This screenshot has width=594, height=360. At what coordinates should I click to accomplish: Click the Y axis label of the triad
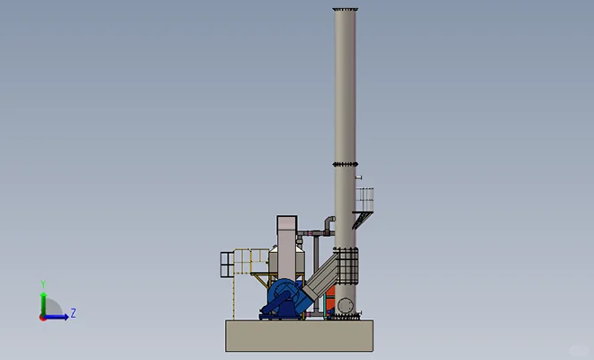pyautogui.click(x=43, y=284)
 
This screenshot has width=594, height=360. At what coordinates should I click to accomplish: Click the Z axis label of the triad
pyautogui.click(x=73, y=313)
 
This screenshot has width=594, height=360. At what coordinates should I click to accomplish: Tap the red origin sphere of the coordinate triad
pyautogui.click(x=43, y=318)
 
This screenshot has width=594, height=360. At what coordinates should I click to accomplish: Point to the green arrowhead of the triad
pyautogui.click(x=43, y=294)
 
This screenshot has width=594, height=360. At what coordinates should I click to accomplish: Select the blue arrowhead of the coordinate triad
pyautogui.click(x=67, y=317)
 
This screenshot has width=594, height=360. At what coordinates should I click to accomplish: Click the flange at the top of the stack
pyautogui.click(x=345, y=9)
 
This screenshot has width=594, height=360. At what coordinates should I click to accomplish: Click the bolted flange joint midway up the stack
pyautogui.click(x=345, y=164)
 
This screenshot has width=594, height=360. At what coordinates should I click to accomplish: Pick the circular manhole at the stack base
pyautogui.click(x=345, y=305)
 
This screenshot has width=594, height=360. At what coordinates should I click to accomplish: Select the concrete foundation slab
pyautogui.click(x=300, y=336)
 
